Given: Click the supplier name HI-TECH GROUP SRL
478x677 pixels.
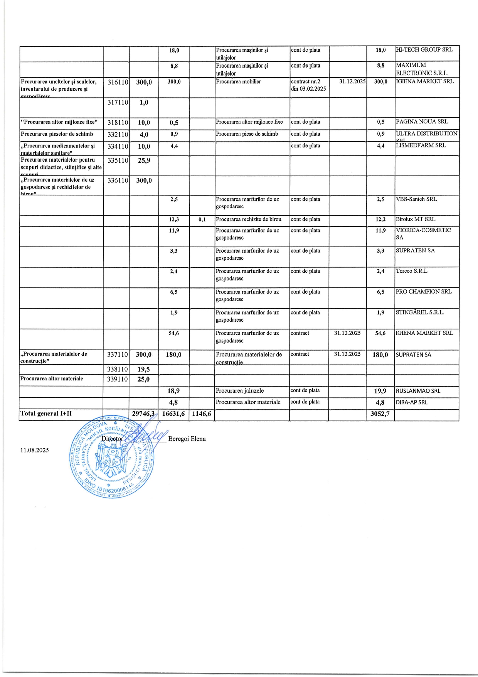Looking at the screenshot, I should (424, 50).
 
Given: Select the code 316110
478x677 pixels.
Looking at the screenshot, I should (118, 82).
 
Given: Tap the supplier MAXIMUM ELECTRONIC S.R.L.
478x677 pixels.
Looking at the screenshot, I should (422, 69).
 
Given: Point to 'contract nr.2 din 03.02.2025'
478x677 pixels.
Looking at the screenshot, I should (308, 85).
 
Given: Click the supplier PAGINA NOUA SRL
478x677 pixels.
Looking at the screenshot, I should (422, 122).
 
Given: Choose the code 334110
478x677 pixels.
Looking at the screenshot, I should (118, 147).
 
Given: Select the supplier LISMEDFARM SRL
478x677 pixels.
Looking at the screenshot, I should (421, 145).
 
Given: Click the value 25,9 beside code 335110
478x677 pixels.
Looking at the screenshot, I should (144, 160).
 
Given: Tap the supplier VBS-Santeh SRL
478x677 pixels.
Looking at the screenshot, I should (416, 199).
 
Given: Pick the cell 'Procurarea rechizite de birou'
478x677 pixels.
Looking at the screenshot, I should (249, 219).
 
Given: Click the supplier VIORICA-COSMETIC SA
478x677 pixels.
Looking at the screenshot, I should (423, 234).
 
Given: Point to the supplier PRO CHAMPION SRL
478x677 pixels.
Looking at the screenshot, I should (423, 292).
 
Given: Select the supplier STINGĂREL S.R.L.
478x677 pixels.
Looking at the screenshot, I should (420, 312).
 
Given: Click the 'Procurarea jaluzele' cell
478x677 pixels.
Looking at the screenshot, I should (240, 391).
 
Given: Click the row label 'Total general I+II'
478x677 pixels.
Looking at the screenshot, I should (46, 414).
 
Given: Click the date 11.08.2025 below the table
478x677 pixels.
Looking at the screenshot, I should (35, 450).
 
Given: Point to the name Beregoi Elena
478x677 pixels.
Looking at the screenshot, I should (187, 439).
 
